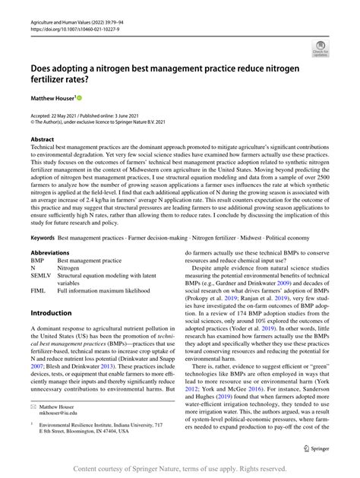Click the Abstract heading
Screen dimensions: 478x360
pyautogui.click(x=43, y=140)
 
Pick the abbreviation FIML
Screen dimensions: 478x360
pyautogui.click(x=38, y=291)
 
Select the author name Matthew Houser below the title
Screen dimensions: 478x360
pyautogui.click(x=51, y=99)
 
